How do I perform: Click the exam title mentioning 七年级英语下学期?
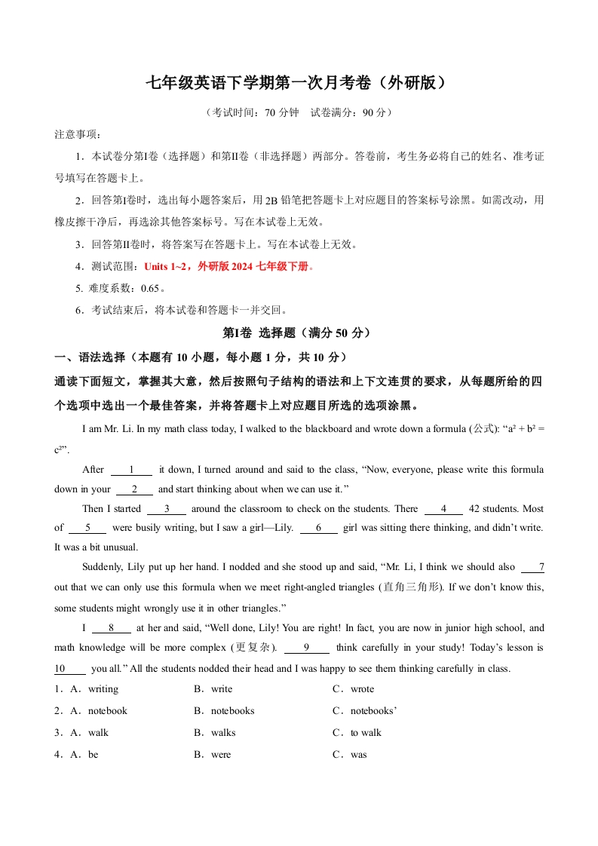click(x=299, y=83)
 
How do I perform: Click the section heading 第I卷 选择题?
click(x=299, y=333)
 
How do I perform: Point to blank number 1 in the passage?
click(x=131, y=470)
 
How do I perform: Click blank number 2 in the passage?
click(x=135, y=489)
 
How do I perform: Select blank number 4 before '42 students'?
click(x=443, y=509)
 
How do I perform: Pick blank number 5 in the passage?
click(x=88, y=528)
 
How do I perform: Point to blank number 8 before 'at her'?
click(x=111, y=627)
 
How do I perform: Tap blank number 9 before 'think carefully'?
click(x=306, y=647)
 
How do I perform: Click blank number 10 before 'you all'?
click(x=70, y=668)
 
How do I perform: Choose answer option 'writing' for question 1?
click(x=103, y=689)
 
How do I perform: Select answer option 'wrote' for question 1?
click(x=362, y=689)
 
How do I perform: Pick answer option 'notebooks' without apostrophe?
click(x=232, y=711)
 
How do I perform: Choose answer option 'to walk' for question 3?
click(x=366, y=733)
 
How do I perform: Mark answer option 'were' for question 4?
click(x=221, y=755)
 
